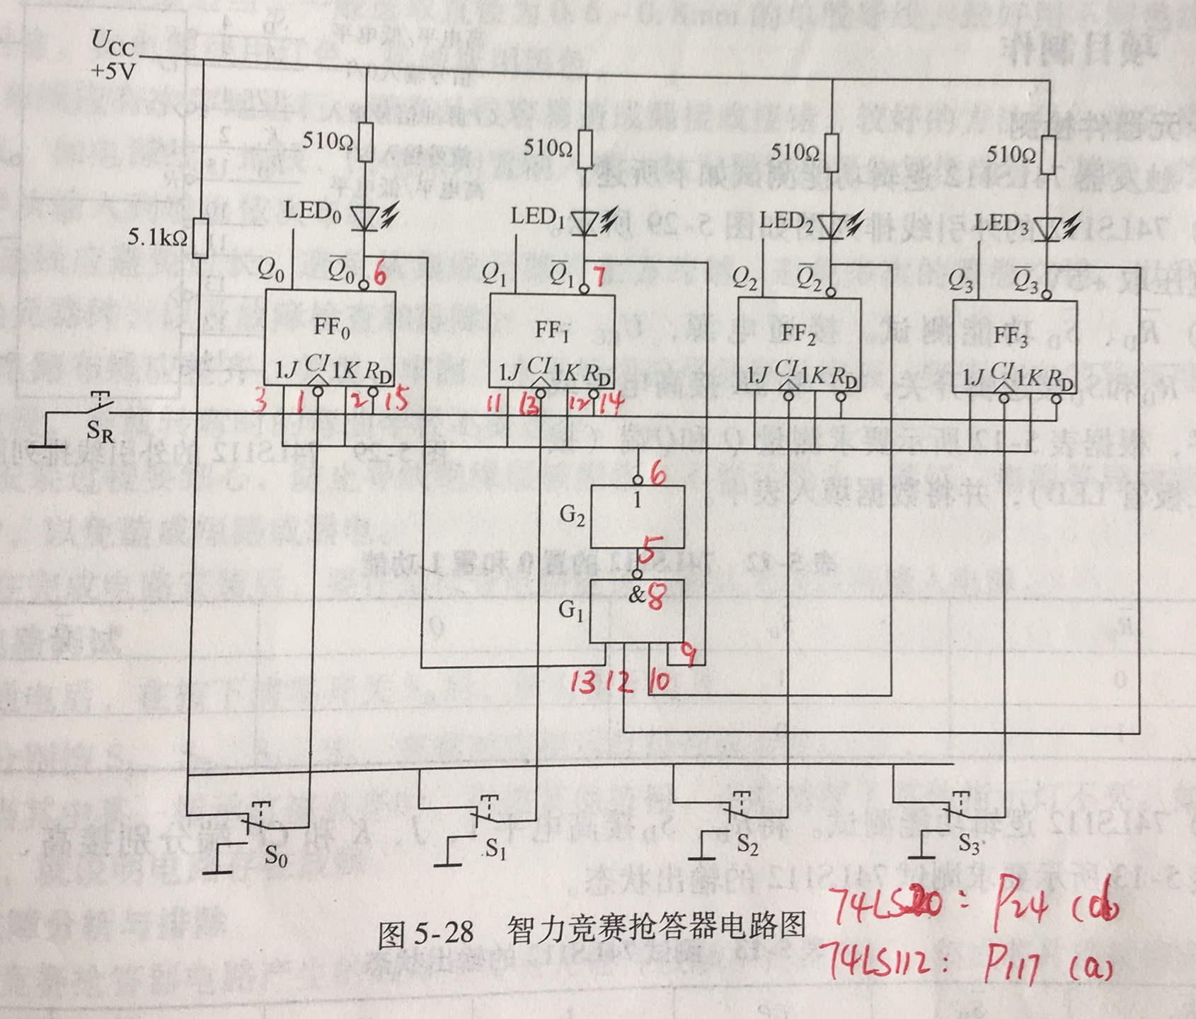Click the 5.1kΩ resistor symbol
pyautogui.click(x=202, y=238)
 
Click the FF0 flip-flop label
pyautogui.click(x=333, y=330)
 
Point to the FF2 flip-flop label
pyautogui.click(x=798, y=334)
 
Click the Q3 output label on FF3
pyautogui.click(x=961, y=284)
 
